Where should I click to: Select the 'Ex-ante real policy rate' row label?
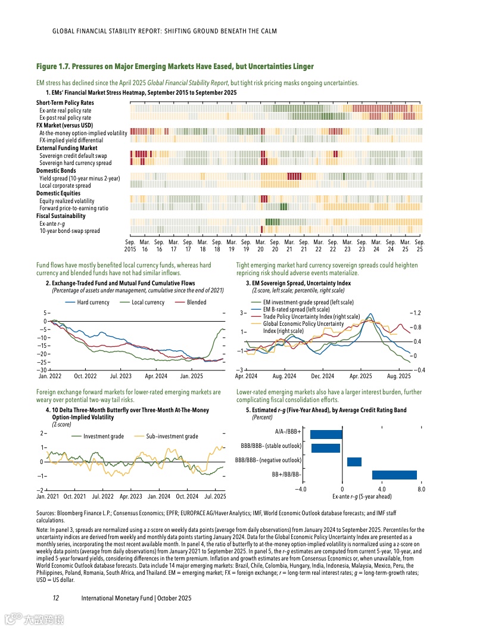tap(65, 110)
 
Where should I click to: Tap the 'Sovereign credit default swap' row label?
tap(73, 155)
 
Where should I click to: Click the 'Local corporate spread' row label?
tap(65, 186)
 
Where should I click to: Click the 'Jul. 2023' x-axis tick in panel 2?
tap(121, 376)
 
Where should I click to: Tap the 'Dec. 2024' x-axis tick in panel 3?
tap(322, 376)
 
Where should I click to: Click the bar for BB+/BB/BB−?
tap(394, 475)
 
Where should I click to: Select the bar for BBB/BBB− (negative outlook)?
tap(354, 462)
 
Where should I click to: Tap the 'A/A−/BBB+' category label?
tap(288, 431)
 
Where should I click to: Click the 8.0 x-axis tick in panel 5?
tap(421, 490)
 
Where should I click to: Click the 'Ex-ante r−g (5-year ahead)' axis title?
tap(362, 496)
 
